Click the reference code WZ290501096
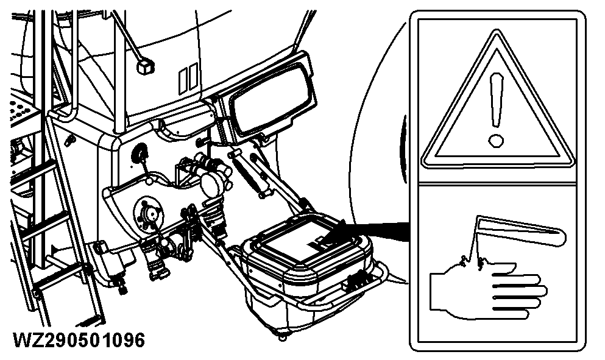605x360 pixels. pyautogui.click(x=79, y=340)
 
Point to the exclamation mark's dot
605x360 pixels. pyautogui.click(x=496, y=141)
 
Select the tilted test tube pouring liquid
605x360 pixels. pyautogui.click(x=521, y=231)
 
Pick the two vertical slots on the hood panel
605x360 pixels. pyautogui.click(x=188, y=79)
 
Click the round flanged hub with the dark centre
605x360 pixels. pyautogui.click(x=148, y=213)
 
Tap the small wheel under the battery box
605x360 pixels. pyautogui.click(x=283, y=336)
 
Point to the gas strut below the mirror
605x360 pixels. pyautogui.click(x=249, y=174)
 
